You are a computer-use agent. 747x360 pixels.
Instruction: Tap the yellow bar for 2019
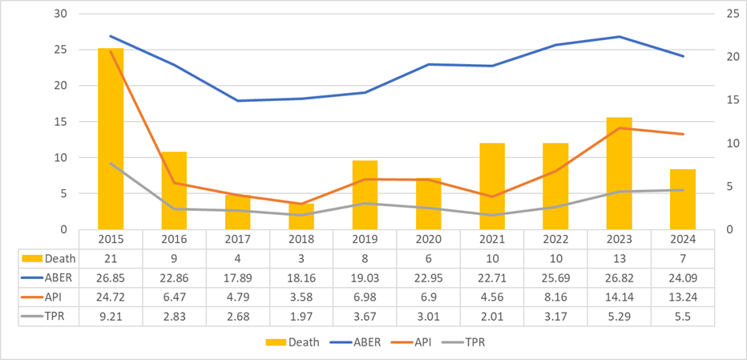[365, 195]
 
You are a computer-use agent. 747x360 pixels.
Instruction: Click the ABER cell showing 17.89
[237, 277]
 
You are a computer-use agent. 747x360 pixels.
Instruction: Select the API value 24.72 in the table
[111, 297]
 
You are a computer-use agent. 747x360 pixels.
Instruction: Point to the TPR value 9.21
[111, 316]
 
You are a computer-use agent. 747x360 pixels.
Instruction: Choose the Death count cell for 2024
[683, 258]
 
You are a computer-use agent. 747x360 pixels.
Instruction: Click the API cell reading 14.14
[619, 297]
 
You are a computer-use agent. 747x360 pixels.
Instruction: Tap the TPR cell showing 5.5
[683, 316]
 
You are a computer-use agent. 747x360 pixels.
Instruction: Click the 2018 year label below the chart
[301, 239]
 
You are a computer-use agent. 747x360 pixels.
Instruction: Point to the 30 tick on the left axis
[61, 14]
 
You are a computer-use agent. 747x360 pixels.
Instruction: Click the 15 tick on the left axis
[61, 122]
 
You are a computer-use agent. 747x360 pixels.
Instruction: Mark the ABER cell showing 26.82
[619, 277]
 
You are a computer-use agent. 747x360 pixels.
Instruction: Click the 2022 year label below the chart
[555, 239]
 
